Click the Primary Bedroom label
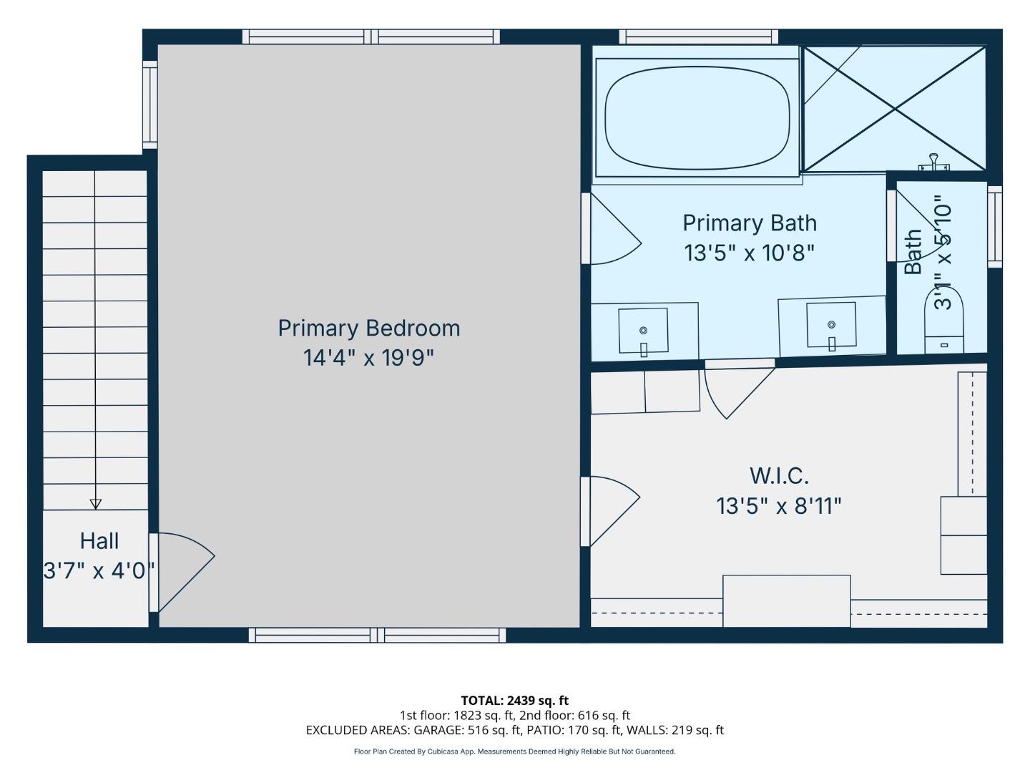[368, 328]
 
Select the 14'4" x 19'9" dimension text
[368, 357]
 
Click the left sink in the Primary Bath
[643, 331]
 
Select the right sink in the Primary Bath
[830, 326]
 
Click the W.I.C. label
[779, 475]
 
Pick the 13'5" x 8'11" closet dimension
[779, 506]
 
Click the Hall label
[99, 540]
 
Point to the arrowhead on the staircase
[95, 503]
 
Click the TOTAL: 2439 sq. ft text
[514, 700]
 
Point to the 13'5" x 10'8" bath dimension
[749, 253]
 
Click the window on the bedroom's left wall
[149, 104]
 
